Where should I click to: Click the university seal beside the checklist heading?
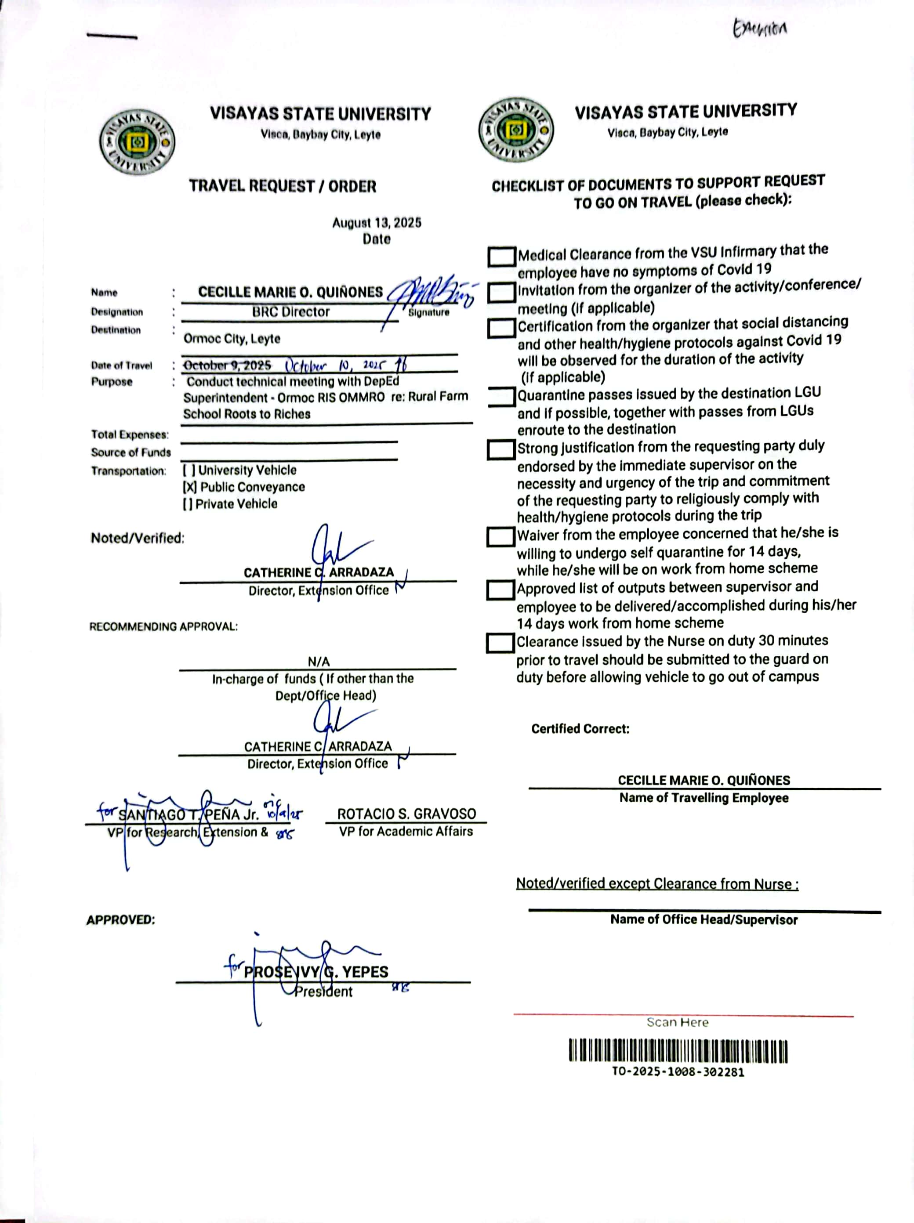[515, 130]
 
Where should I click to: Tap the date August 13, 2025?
[377, 223]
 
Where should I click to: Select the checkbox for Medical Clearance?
[501, 257]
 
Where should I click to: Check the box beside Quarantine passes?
[501, 396]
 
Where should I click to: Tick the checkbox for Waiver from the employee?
[501, 536]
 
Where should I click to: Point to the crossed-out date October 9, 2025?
[227, 365]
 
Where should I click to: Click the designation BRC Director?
[291, 312]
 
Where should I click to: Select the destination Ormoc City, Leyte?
[232, 338]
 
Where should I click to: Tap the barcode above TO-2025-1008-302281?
[678, 1052]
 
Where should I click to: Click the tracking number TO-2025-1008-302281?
[678, 1072]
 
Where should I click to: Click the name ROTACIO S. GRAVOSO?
[406, 814]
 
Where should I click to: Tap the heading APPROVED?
[120, 920]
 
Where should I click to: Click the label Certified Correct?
[580, 729]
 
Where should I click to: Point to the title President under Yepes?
[323, 991]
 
